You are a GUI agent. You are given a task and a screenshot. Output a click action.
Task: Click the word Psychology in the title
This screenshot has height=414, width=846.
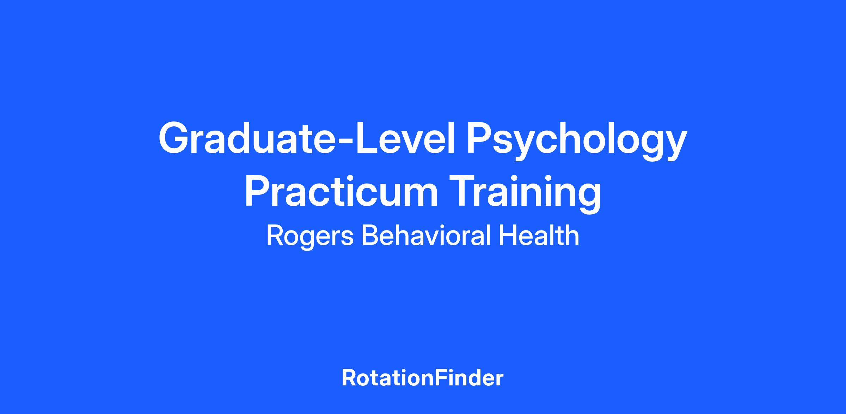click(x=577, y=141)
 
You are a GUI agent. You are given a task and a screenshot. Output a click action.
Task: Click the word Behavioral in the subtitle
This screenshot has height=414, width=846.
click(x=425, y=235)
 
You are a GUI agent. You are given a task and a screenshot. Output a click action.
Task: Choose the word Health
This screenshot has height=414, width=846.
click(x=539, y=235)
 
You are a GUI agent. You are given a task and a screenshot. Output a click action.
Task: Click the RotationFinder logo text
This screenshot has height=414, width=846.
click(x=423, y=378)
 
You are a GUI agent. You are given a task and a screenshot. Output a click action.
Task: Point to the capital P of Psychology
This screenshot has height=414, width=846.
click(x=479, y=138)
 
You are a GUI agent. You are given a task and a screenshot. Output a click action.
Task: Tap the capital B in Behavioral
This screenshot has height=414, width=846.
click(x=370, y=235)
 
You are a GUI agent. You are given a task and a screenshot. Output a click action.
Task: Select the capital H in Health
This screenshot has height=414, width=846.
click(x=507, y=235)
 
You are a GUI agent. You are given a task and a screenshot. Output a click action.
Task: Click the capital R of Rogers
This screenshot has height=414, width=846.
click(x=276, y=235)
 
